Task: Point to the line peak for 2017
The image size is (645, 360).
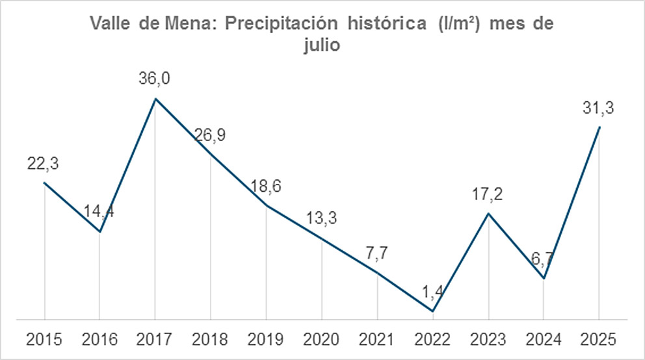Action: [x=155, y=99]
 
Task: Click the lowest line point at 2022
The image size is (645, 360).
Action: [x=432, y=311]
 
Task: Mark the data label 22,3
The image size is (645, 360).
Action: [x=44, y=164]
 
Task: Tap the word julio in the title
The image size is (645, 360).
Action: [x=322, y=47]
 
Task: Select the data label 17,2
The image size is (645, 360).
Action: [x=488, y=194]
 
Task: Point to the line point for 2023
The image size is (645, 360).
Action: [x=488, y=213]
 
